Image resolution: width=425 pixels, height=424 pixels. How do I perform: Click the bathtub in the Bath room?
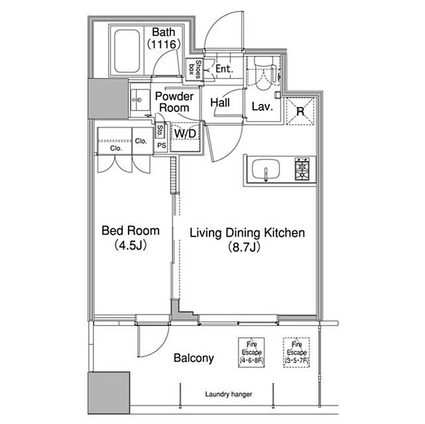tap(127, 51)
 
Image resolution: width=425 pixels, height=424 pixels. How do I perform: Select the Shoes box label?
tap(195, 69)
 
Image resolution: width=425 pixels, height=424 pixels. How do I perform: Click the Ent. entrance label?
tap(225, 69)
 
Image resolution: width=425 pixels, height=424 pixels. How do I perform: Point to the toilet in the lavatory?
tap(263, 73)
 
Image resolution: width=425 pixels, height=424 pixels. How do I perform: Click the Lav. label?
tap(262, 106)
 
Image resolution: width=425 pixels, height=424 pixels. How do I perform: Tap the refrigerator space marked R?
tap(301, 111)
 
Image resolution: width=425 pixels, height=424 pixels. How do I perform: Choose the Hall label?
tap(220, 103)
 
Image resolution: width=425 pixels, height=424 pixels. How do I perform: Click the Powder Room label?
tap(174, 102)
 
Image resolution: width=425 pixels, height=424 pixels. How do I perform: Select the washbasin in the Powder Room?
tap(140, 100)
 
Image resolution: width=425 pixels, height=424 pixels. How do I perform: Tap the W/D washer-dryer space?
tap(185, 134)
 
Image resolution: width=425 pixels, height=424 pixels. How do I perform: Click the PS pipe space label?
tap(161, 146)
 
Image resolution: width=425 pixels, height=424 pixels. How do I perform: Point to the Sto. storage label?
tap(161, 131)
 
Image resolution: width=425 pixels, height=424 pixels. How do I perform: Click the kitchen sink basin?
tap(266, 169)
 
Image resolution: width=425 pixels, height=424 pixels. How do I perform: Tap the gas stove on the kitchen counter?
tap(302, 169)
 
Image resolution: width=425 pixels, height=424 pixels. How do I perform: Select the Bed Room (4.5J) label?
tap(131, 238)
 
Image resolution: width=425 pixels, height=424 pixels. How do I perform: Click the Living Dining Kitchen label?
tap(247, 233)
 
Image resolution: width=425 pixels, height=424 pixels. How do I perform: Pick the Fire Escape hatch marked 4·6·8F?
tap(251, 352)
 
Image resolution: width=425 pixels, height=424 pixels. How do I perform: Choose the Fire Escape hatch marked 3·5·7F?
tap(296, 352)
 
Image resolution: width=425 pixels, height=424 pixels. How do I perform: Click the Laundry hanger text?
tap(228, 394)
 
